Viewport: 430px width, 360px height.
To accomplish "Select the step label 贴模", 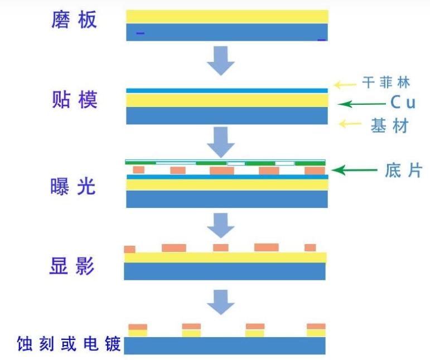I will point(74,100).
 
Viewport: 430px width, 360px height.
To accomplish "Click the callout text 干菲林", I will point(386,83).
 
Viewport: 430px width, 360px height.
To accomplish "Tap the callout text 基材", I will point(389,126).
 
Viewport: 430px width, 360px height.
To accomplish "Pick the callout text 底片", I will point(403,170).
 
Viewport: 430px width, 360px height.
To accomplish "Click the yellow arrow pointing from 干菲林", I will point(345,85).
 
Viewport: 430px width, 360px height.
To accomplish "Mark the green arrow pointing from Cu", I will point(362,104).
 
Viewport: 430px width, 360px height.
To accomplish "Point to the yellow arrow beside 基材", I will point(350,124).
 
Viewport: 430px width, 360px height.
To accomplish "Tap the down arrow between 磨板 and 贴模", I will point(221,60).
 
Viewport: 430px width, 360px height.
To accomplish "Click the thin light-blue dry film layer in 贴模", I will point(226,90).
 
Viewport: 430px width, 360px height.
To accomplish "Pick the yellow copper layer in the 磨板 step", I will point(226,16).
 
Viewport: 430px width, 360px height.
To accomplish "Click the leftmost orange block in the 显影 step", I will point(129,249).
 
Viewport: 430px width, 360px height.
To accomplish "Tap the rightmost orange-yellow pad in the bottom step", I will point(316,330).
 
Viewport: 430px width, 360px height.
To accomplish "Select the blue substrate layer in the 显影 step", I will point(225,271).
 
